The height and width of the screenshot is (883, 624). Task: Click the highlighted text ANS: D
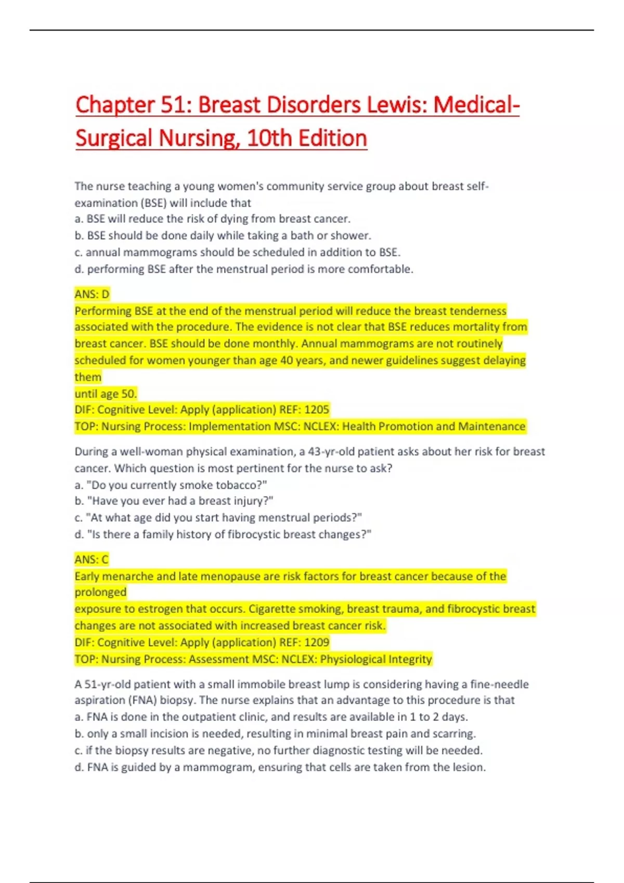click(x=92, y=294)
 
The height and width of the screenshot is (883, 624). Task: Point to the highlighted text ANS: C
click(x=92, y=559)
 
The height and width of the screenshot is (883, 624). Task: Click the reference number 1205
click(x=317, y=410)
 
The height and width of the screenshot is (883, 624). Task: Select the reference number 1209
click(x=317, y=643)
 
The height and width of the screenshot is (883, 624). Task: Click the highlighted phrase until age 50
click(x=106, y=394)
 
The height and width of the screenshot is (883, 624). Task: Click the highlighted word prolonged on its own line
click(x=100, y=593)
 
